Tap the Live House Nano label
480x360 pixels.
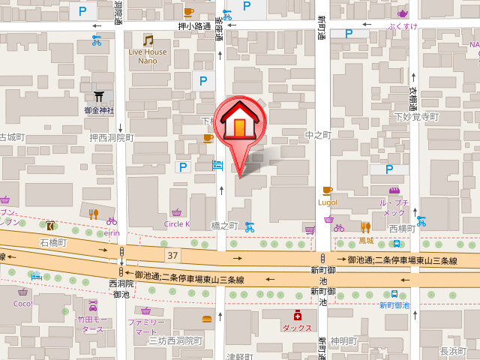(148, 56)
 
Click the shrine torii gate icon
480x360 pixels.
(99, 96)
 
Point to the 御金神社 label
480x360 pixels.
(99, 110)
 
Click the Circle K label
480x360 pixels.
(177, 223)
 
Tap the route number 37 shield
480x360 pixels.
(173, 256)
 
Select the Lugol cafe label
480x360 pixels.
(327, 202)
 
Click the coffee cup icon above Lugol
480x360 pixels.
(327, 190)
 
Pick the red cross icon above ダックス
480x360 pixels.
(297, 316)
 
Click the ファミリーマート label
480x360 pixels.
(145, 326)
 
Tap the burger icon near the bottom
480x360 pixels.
(207, 318)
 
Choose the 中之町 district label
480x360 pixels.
(318, 135)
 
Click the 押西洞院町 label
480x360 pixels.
(111, 138)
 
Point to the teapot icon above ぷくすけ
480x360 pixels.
(403, 13)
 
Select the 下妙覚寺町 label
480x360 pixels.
(415, 117)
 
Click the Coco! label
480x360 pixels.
(22, 304)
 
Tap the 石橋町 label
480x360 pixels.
(53, 243)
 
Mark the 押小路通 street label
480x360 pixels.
(194, 26)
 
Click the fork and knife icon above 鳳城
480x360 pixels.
(365, 226)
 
